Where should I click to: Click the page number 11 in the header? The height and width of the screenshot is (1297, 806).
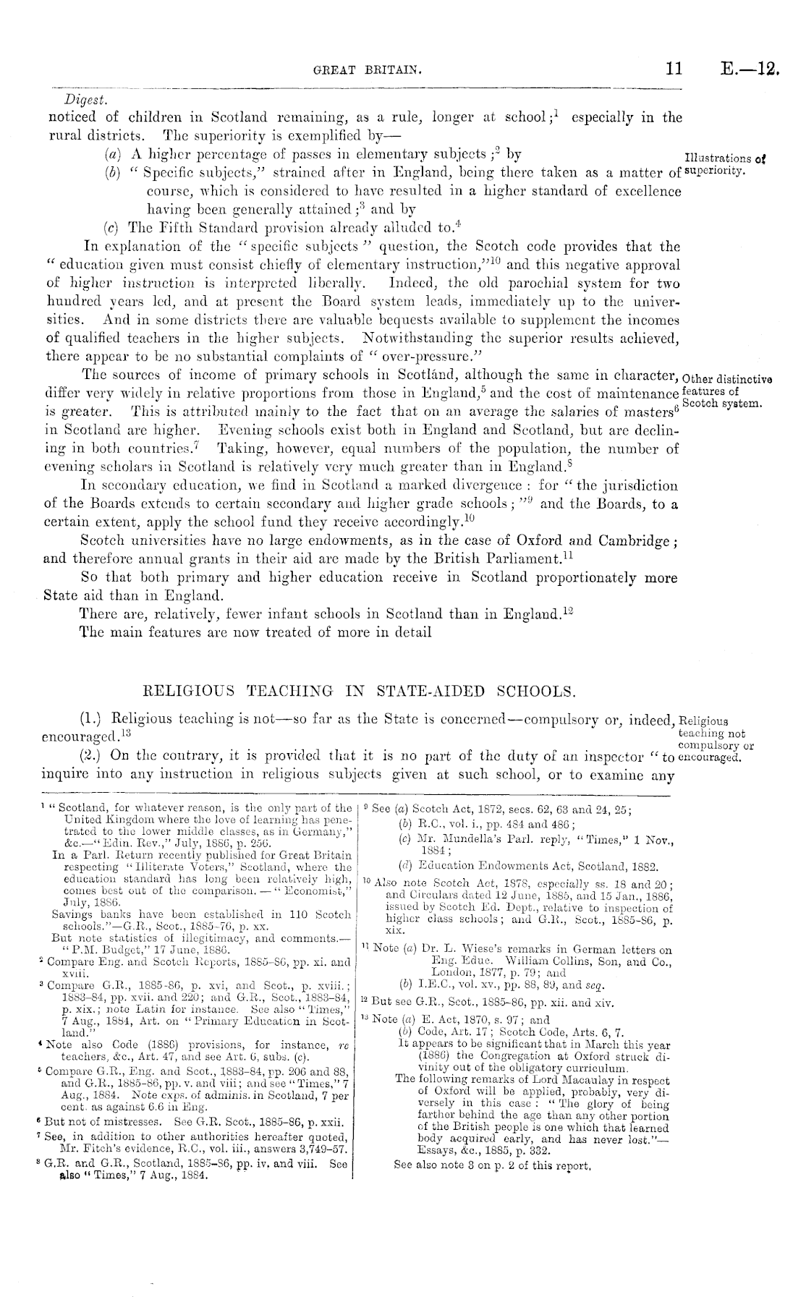(674, 69)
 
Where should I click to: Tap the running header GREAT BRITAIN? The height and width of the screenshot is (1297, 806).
(367, 71)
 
